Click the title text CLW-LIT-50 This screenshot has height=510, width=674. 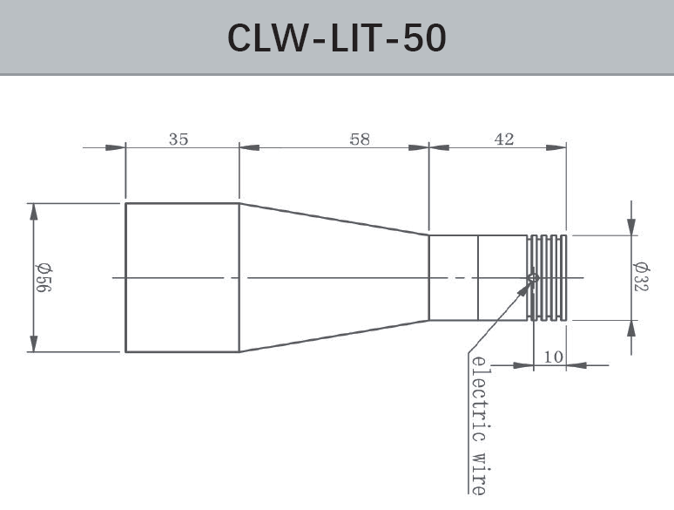tap(336, 37)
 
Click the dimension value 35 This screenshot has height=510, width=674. tap(178, 139)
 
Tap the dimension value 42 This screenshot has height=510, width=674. tap(504, 139)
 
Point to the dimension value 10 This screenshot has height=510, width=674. tap(553, 356)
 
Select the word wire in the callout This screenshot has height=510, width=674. tap(477, 471)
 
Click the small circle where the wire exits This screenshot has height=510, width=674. tap(533, 279)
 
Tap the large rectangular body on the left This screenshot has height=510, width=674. tap(182, 277)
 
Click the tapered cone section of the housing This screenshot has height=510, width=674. tap(334, 277)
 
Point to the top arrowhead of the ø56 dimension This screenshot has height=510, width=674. tap(35, 213)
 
